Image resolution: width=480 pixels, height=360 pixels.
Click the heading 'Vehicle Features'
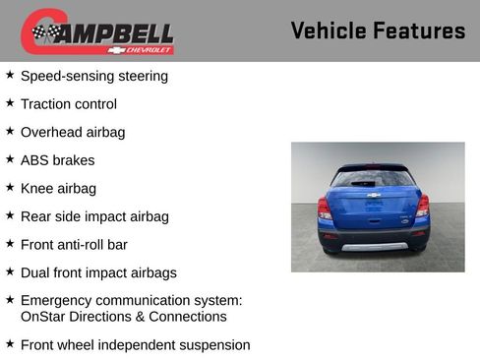coord(378,31)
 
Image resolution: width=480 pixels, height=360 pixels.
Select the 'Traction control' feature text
coord(69,104)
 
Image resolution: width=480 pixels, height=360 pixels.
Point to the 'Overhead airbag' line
coord(73,132)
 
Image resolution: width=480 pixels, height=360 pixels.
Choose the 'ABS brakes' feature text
coord(57,160)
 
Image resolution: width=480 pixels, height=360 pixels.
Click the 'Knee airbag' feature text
coord(58,188)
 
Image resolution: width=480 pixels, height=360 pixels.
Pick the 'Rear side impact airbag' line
coord(94,216)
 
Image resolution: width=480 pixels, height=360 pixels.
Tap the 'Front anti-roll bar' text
coord(74,244)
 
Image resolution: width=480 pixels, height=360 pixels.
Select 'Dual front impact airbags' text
coord(98,272)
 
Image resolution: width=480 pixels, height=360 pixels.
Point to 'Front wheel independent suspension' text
coord(135,345)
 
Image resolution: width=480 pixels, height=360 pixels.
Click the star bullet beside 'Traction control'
coord(10,102)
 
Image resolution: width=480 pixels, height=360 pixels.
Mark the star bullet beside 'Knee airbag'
coord(10,187)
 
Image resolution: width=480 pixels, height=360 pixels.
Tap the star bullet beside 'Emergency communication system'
coord(10,299)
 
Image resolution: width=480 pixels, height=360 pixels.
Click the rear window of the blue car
coord(373,179)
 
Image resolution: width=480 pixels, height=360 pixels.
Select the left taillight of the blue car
coord(325,208)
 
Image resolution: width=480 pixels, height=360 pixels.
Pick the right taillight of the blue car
coord(422,207)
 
